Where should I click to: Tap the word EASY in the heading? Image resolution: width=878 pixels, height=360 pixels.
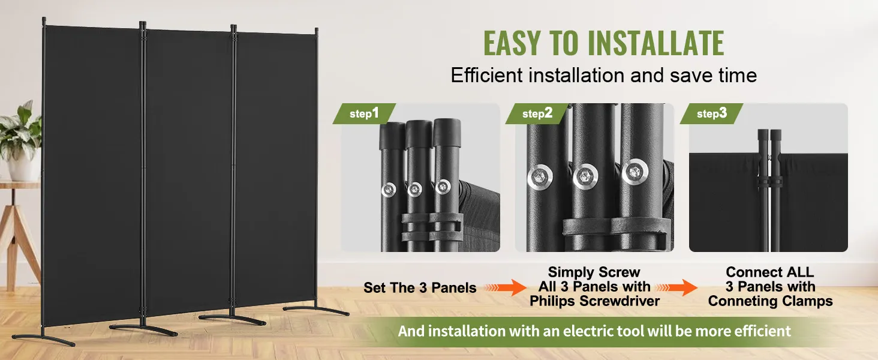512,43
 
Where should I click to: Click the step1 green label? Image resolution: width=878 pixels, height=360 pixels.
364,114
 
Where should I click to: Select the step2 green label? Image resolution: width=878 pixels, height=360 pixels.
537,114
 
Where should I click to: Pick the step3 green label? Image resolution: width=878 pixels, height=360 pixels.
711,114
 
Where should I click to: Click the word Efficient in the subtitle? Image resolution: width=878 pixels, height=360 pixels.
486,75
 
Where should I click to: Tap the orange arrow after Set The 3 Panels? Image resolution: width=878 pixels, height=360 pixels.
505,288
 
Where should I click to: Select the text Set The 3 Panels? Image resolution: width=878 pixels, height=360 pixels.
420,288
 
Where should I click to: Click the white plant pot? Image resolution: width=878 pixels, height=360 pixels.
23,167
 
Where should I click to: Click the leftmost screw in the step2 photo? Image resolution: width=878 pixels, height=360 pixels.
540,177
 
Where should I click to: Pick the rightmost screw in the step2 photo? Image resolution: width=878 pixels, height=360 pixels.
635,172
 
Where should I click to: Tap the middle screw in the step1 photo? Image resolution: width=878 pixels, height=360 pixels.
414,190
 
